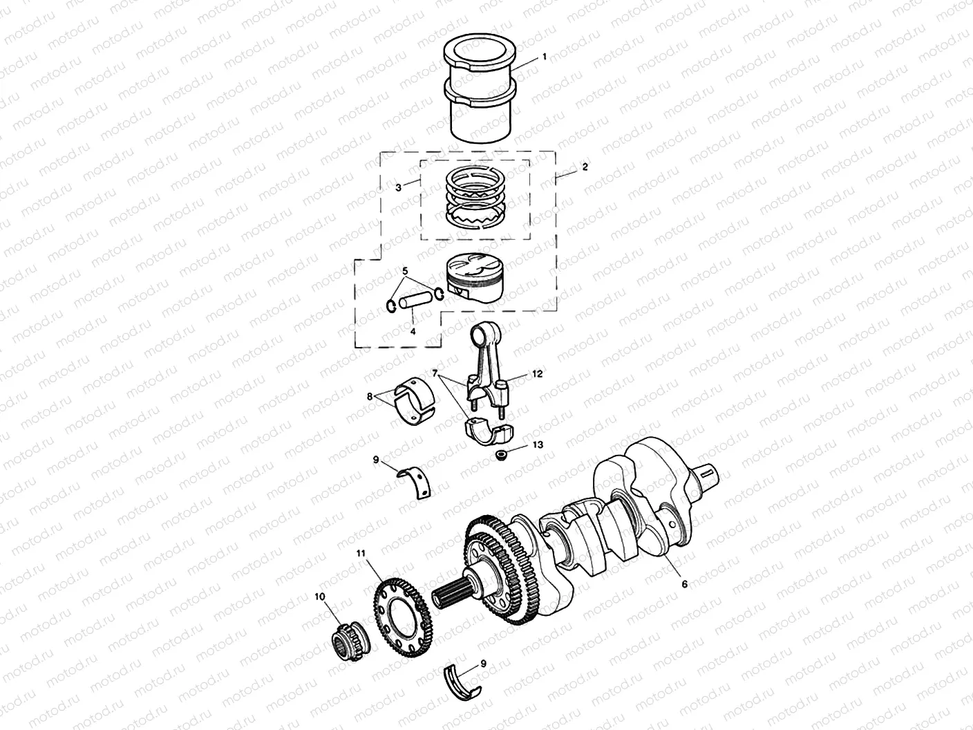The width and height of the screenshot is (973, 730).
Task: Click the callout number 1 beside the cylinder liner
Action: coord(544,57)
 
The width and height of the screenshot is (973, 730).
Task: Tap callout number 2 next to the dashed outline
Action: coord(585,167)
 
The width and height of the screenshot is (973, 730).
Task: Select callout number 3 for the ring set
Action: coord(398,187)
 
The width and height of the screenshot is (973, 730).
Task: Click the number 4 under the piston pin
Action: coord(413,331)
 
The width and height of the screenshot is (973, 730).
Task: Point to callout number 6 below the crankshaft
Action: coord(684,584)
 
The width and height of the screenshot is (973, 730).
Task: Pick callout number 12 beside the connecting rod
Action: coord(537,373)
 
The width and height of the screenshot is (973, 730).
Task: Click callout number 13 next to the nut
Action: coord(538,446)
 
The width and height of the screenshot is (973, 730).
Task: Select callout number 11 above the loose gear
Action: coord(360,553)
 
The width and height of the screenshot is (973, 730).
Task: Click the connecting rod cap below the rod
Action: coord(489,430)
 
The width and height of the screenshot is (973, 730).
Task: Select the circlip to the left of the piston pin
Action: coord(390,305)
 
